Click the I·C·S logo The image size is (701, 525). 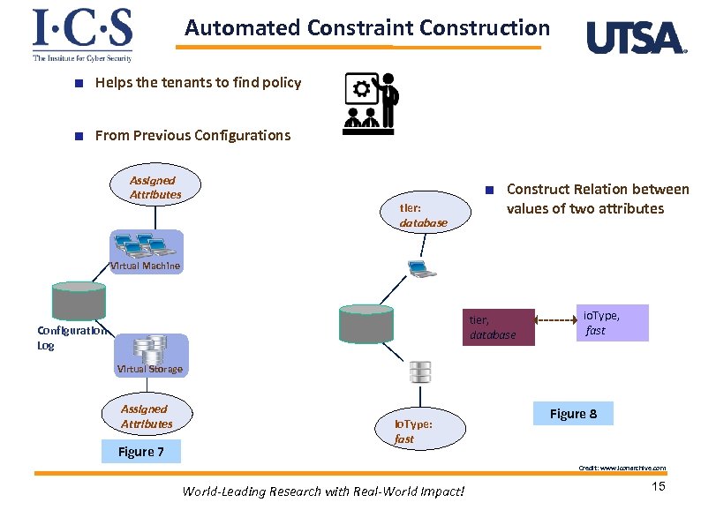(82, 34)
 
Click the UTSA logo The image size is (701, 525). (636, 38)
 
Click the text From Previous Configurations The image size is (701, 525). (192, 135)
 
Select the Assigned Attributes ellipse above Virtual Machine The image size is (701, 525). (155, 187)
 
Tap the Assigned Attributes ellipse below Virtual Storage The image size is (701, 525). (147, 416)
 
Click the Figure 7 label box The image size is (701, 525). (141, 453)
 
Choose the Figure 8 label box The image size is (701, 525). (573, 414)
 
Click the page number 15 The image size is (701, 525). (657, 488)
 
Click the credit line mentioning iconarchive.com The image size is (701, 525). (622, 468)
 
